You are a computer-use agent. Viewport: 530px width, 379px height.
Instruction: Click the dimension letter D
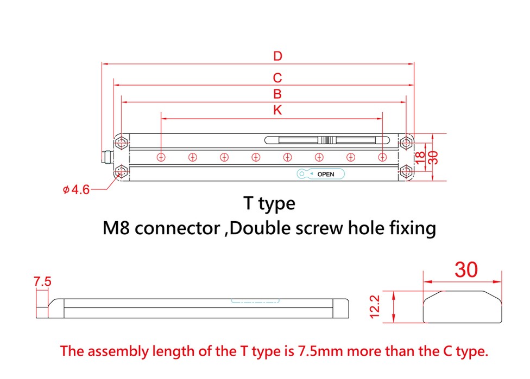click(x=277, y=56)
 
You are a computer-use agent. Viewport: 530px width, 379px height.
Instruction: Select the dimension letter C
click(x=277, y=78)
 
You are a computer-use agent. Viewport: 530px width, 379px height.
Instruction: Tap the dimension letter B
click(x=277, y=94)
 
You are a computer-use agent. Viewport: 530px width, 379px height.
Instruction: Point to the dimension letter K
click(x=277, y=110)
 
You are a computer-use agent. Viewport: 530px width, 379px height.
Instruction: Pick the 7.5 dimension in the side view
click(x=42, y=282)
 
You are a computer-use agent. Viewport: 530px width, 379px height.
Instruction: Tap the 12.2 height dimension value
click(x=374, y=307)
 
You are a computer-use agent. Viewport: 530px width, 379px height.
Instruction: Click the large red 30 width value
click(x=466, y=269)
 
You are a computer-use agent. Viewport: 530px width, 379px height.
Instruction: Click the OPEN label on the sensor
click(x=325, y=174)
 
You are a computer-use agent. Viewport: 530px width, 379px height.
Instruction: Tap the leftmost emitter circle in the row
click(x=161, y=157)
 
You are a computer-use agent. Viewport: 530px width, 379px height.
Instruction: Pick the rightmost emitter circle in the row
click(x=382, y=157)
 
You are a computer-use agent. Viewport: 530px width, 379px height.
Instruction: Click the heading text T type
click(x=269, y=204)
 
